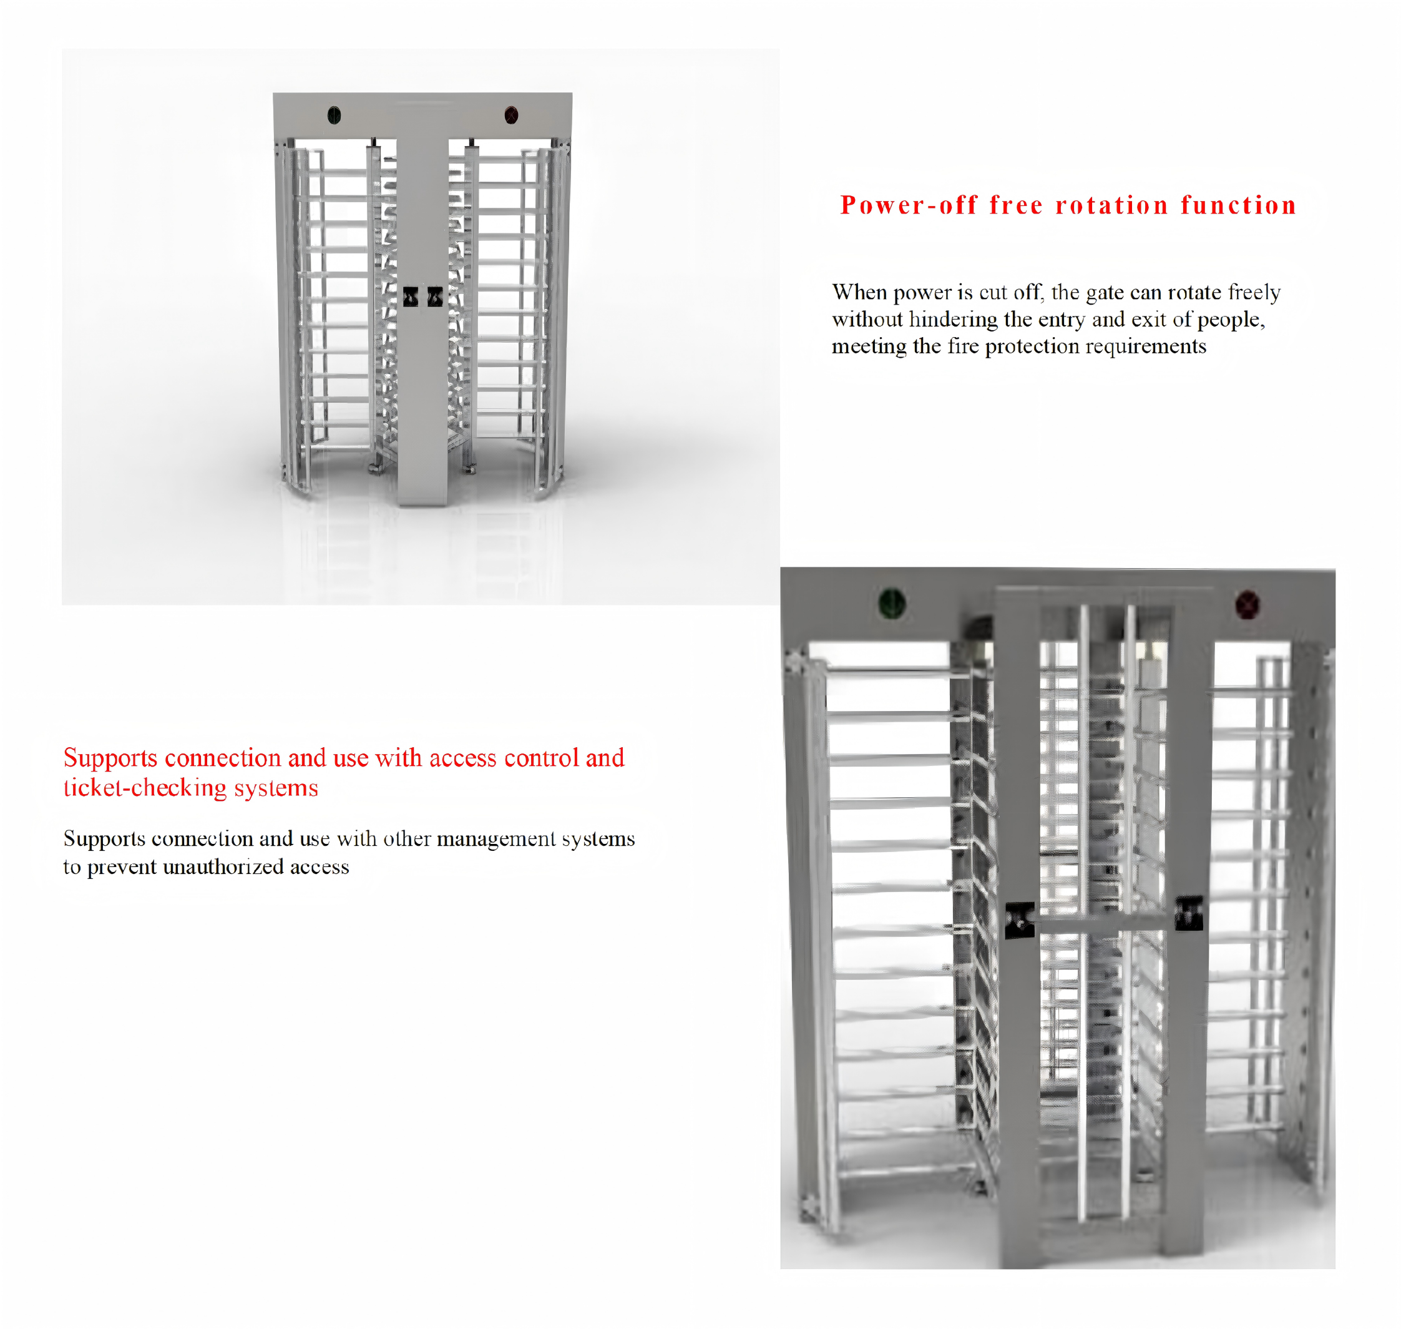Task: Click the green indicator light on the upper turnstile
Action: [x=334, y=115]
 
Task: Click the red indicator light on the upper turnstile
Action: [x=510, y=115]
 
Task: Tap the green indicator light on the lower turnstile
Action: [x=892, y=603]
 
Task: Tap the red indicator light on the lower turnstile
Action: [x=1247, y=604]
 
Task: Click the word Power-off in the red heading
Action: [x=909, y=205]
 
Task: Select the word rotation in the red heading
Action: [x=1111, y=205]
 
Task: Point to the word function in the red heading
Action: [x=1239, y=205]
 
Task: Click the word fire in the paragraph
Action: [x=962, y=346]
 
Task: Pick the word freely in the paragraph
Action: [x=1254, y=293]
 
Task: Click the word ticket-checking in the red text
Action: [x=145, y=788]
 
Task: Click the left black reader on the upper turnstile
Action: [x=411, y=297]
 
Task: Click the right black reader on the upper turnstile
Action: [x=435, y=297]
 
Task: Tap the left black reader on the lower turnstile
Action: [x=1020, y=920]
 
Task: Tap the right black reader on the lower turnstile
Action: [x=1189, y=913]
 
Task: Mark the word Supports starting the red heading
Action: [x=110, y=758]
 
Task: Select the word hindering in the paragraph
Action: [x=954, y=320]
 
